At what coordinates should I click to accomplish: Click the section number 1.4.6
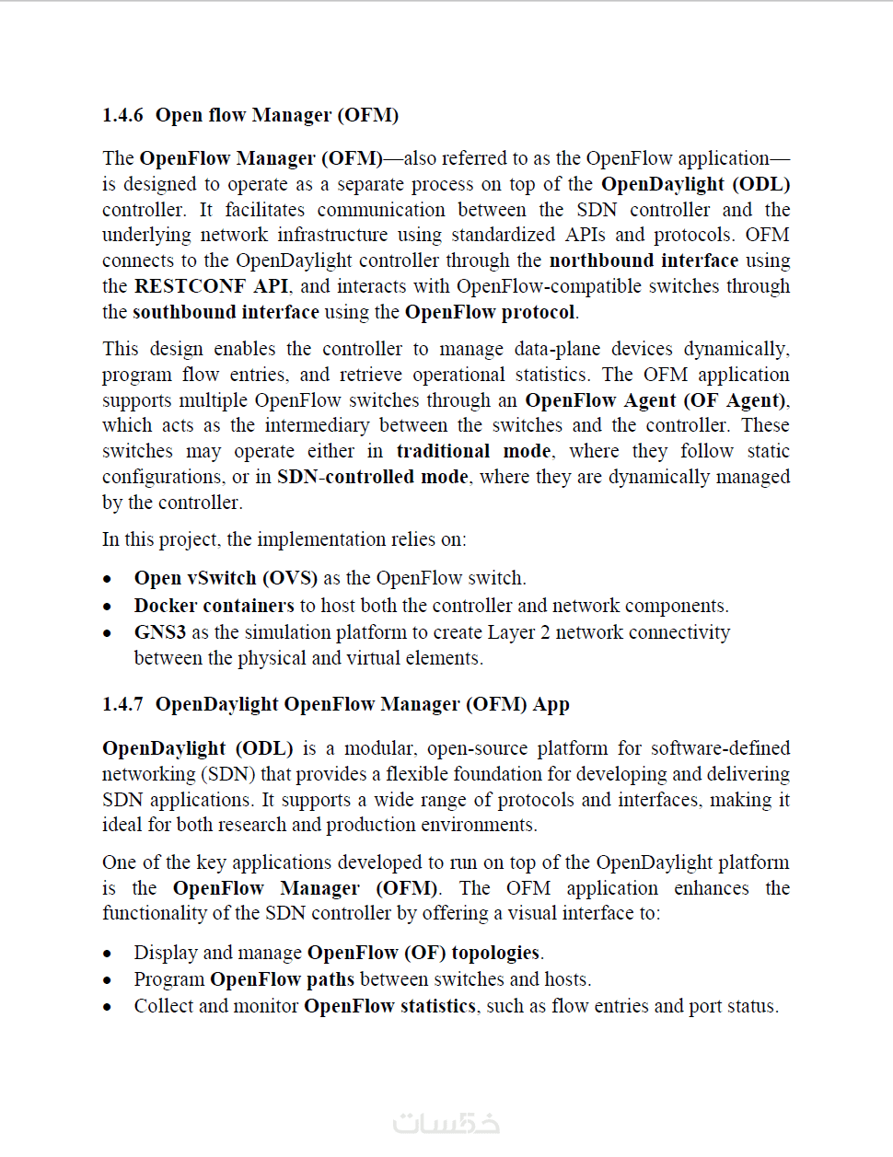click(122, 115)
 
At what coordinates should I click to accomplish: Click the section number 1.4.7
click(122, 704)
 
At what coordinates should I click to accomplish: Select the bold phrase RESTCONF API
click(211, 286)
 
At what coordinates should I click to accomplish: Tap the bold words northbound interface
click(644, 260)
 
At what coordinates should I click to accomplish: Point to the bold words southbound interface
click(226, 312)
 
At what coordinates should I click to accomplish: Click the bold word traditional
click(443, 451)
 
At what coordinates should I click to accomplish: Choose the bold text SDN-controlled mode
click(373, 477)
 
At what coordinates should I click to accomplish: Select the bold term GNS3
click(159, 632)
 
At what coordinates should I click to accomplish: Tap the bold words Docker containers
click(214, 606)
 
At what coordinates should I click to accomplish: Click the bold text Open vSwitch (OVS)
click(226, 578)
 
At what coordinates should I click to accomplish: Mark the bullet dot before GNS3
click(108, 633)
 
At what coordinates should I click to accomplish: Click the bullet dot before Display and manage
click(108, 954)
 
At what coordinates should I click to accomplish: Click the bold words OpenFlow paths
click(282, 979)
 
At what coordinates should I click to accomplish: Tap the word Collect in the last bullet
click(163, 1006)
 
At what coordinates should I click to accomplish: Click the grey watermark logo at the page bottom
click(446, 1123)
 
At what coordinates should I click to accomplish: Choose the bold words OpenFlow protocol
click(490, 312)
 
